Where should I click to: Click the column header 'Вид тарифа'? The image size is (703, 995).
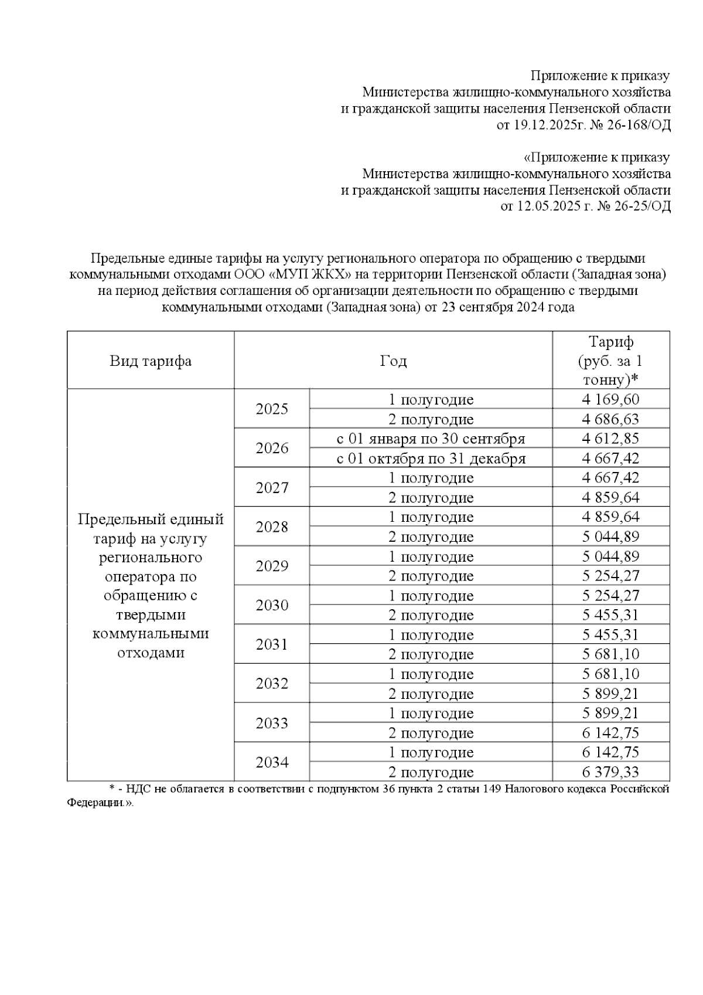151,361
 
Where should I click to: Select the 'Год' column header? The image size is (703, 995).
393,361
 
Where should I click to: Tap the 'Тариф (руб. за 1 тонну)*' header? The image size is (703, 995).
610,361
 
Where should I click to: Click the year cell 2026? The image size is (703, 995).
272,449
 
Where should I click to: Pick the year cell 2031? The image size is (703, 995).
272,644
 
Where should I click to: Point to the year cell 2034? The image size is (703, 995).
272,762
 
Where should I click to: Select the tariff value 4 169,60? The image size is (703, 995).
610,400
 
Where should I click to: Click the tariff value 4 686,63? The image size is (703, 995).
610,419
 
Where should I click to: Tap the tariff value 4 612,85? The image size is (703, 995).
610,439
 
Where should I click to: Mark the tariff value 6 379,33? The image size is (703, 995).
610,772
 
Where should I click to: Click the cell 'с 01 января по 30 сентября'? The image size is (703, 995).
431,439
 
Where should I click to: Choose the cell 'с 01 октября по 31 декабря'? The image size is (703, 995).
431,459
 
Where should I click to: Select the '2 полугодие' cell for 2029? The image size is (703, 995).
431,576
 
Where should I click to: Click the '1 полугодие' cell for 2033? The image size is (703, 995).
431,714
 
